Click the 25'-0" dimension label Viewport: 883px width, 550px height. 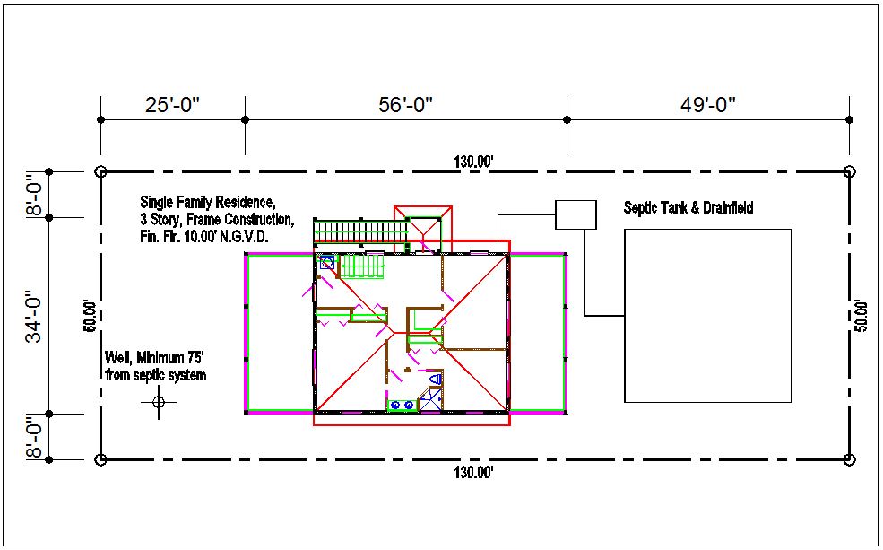tap(173, 105)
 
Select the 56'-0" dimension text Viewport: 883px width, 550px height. tap(405, 105)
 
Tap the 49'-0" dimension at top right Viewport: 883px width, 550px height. tap(708, 105)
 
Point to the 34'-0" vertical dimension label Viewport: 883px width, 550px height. tap(34, 317)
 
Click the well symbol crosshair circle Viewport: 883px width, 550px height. tap(159, 402)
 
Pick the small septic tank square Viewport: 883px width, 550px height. tap(576, 214)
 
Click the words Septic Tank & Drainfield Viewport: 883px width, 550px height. tap(688, 208)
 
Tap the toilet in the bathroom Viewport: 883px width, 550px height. tap(436, 379)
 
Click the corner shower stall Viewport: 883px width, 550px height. tap(431, 399)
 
